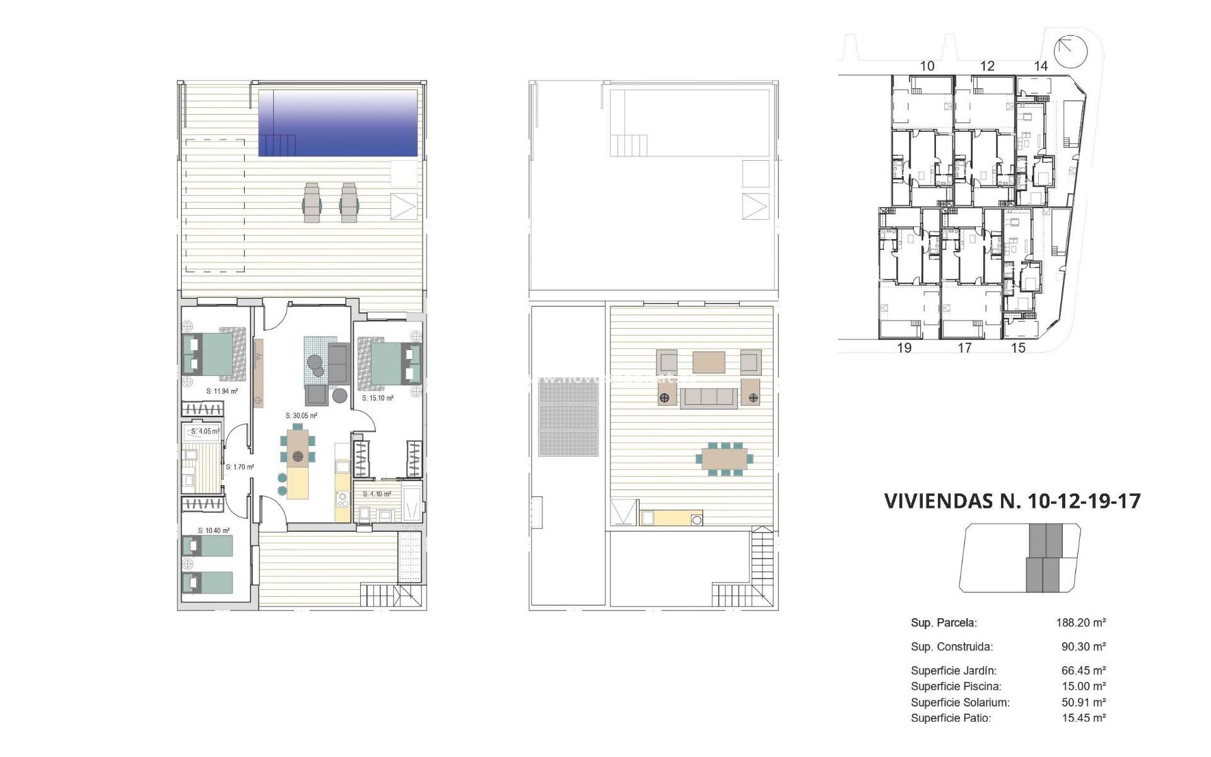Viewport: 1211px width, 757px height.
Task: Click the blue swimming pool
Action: click(x=338, y=123)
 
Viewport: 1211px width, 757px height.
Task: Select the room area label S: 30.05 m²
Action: click(x=301, y=416)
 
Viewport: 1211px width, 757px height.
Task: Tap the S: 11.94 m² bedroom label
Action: click(x=222, y=391)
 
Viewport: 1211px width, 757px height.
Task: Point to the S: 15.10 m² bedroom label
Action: click(x=378, y=398)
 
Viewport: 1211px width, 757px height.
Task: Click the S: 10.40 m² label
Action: click(x=214, y=531)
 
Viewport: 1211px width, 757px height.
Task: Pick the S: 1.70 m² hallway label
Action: click(x=240, y=467)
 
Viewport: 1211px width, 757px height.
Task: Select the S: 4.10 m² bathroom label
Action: click(x=377, y=494)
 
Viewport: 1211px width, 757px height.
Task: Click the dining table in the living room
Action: click(x=298, y=449)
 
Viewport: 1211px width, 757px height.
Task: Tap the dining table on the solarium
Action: click(x=724, y=459)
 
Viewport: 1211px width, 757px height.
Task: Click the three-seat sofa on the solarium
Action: click(x=708, y=397)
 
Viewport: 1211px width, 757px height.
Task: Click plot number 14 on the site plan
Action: click(x=1041, y=66)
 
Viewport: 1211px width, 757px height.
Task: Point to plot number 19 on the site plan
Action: click(x=904, y=348)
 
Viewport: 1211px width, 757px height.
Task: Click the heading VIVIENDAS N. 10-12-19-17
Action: click(x=1012, y=501)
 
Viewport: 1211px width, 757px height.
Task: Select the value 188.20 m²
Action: click(x=1080, y=623)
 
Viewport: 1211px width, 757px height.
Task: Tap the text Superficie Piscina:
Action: click(x=956, y=686)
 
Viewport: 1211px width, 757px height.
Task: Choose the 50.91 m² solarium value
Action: click(x=1083, y=702)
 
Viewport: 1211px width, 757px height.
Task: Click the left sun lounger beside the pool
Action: click(x=312, y=202)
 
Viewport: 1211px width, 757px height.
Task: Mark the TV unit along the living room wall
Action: click(x=259, y=373)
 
